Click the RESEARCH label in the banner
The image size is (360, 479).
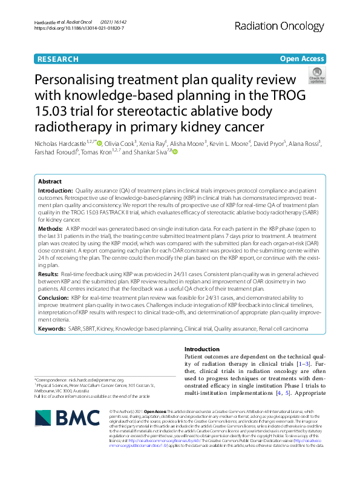(x=58, y=59)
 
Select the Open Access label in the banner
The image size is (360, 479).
(x=302, y=59)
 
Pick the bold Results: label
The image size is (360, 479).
(x=50, y=274)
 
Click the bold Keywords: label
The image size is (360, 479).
(x=53, y=329)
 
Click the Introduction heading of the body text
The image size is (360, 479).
(x=202, y=349)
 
